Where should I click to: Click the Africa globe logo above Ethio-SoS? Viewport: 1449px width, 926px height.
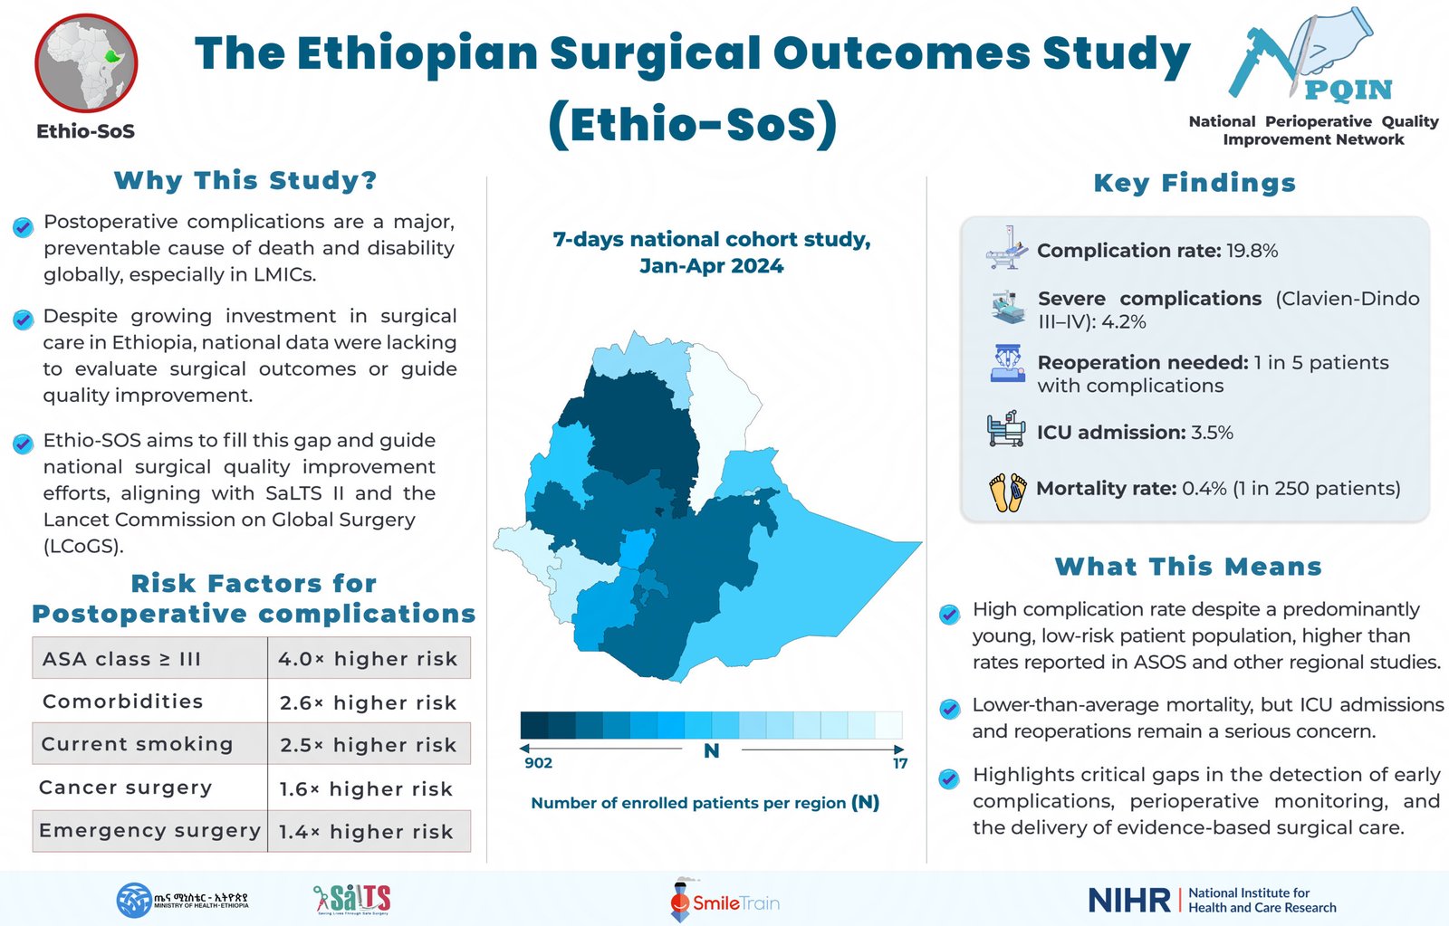pos(86,62)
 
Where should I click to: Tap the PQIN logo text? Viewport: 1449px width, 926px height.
pos(1348,90)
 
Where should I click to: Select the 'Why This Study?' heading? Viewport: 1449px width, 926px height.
pos(245,180)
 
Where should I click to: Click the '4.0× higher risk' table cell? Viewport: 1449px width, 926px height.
pos(368,659)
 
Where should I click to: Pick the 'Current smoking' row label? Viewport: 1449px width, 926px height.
pos(138,744)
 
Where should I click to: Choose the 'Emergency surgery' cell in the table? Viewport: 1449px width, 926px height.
pos(150,831)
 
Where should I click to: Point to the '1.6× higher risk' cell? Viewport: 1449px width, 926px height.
pos(366,788)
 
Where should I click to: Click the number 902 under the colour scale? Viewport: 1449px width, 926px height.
pos(538,763)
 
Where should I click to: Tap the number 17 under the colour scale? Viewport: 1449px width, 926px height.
pos(899,763)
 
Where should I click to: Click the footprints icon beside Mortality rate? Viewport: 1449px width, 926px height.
pos(1007,492)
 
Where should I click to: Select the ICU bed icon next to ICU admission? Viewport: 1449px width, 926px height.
pos(1005,429)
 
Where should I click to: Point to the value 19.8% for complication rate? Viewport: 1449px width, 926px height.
pos(1252,251)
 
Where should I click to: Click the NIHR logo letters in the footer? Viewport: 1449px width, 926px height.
pos(1129,900)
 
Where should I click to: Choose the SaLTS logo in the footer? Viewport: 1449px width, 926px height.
pos(352,899)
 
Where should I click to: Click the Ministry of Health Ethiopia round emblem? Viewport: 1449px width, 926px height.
pos(134,900)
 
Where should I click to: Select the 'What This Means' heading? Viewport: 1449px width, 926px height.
pos(1188,567)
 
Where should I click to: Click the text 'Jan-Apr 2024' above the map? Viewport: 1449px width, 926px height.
pos(711,266)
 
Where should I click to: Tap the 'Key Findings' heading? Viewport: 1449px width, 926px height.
pos(1195,183)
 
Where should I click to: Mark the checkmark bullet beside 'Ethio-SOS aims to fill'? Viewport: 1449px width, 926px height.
pos(23,444)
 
